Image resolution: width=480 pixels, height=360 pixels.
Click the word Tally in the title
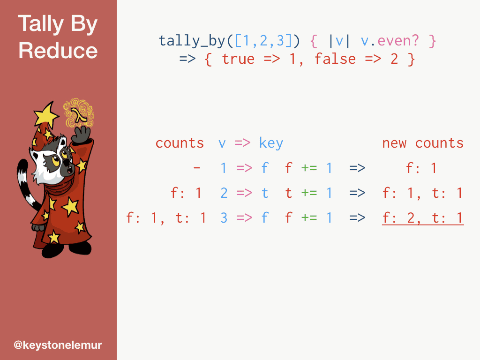[x=40, y=23]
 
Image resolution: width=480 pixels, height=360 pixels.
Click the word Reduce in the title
[x=58, y=51]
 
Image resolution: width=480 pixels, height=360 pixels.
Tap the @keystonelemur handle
[x=58, y=345]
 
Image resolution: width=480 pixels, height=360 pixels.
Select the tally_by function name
[x=192, y=41]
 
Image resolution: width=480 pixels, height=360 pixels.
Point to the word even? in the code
[x=398, y=41]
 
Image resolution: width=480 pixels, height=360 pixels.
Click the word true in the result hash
[x=238, y=59]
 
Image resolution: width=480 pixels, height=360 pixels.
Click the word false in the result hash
[x=335, y=59]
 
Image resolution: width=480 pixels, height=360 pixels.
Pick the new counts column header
[x=423, y=143]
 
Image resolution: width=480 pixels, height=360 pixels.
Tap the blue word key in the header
[x=271, y=143]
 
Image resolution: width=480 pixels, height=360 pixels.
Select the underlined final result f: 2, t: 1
[x=423, y=218]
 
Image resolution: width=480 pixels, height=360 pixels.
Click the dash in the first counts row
[x=196, y=168]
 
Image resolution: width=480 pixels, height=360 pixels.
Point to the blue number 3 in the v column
[x=224, y=218]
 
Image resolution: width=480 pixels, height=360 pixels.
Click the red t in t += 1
[x=288, y=193]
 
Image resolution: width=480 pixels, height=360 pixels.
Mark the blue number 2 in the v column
[x=224, y=193]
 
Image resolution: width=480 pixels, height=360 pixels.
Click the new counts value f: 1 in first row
[x=421, y=168]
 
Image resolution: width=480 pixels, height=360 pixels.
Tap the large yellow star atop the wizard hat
[x=46, y=114]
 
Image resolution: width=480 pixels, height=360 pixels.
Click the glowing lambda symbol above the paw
[x=79, y=115]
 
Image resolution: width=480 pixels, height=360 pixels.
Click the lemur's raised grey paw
[x=81, y=135]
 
